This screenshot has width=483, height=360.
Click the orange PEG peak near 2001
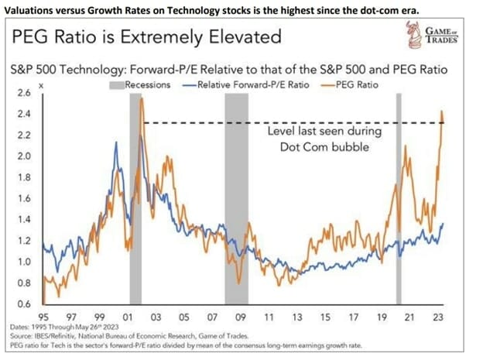(142, 99)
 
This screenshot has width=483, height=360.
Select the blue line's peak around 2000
(116, 143)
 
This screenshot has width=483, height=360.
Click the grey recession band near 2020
(399, 194)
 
